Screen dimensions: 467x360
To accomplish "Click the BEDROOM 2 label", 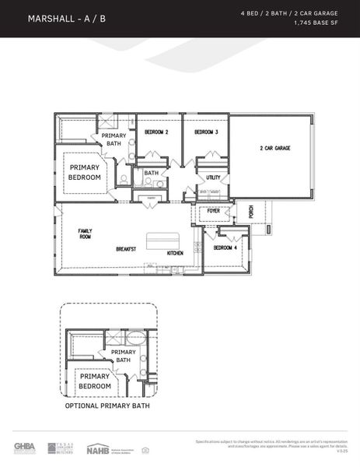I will point(156,132).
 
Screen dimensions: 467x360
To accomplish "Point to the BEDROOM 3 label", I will point(206,132).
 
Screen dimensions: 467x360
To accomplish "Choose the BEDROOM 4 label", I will point(225,248).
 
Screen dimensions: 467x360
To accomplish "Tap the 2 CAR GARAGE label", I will point(274,148).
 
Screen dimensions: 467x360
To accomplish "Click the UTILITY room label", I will point(213,177).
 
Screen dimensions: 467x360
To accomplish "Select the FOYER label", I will point(213,211).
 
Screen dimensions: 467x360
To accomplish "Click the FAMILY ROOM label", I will point(85,233).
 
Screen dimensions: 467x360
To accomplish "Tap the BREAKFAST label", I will point(126,249).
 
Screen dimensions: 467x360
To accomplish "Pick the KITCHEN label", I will point(175,253).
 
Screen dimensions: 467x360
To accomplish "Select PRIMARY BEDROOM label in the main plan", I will point(85,172).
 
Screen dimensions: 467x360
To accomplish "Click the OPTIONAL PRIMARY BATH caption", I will point(107,406).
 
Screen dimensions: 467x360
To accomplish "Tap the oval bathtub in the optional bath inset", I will point(135,338).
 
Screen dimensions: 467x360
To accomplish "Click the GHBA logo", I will point(25,448).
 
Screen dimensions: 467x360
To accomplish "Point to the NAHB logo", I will point(98,448).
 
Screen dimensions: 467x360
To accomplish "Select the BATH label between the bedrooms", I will point(151,173).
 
